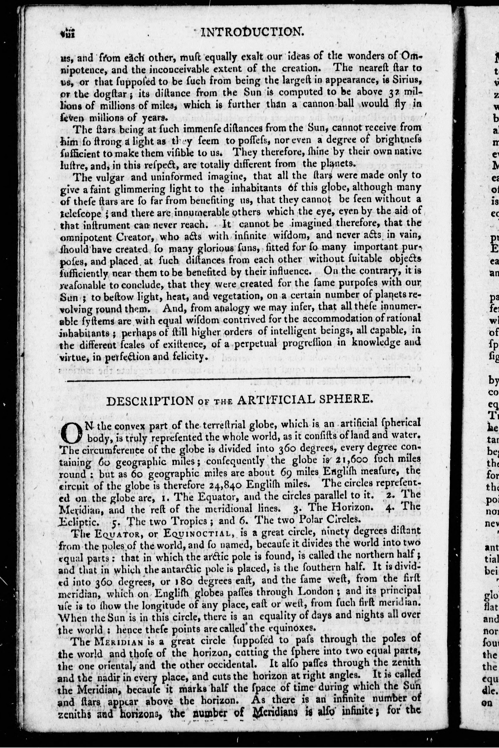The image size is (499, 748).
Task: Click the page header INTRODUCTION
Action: [x=251, y=32]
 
